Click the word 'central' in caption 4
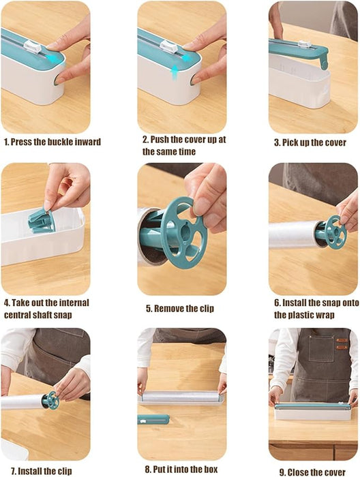pos(21,315)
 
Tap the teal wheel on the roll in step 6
pos(332,232)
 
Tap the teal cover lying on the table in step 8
pos(153,419)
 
